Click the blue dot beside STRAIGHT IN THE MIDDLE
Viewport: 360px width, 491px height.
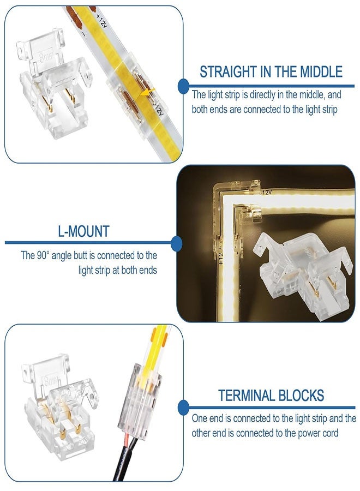[183, 86]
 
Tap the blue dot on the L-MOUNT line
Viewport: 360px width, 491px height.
[176, 243]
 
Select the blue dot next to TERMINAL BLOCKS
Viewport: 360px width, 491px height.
[183, 407]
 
